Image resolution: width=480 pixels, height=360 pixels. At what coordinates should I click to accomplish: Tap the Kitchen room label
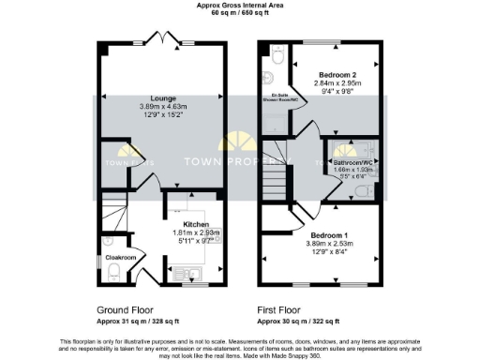pyautogui.click(x=195, y=224)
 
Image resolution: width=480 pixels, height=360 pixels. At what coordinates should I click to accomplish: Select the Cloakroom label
pyautogui.click(x=120, y=257)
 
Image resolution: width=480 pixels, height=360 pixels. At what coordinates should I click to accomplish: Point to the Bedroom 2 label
pyautogui.click(x=334, y=73)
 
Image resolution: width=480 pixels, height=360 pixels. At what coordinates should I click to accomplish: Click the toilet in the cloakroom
pyautogui.click(x=112, y=272)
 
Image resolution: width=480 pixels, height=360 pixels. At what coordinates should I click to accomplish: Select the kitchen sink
pyautogui.click(x=185, y=275)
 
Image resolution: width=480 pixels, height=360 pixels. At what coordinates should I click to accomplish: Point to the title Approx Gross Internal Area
pyautogui.click(x=240, y=5)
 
